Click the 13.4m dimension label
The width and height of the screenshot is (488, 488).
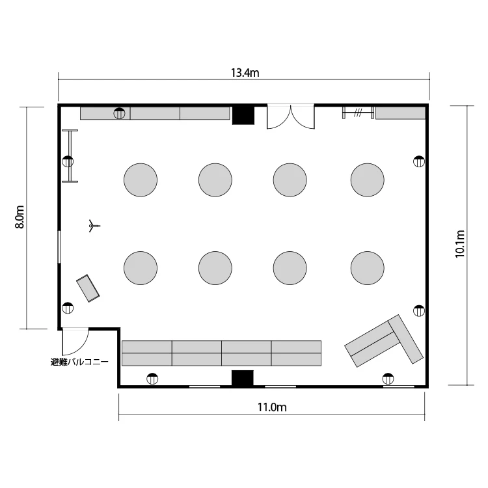point(245,73)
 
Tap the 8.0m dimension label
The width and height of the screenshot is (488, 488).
point(20,217)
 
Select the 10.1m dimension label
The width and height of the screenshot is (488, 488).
point(459,244)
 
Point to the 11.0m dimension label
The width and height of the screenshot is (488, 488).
point(272,407)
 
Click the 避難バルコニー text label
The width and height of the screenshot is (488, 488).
point(79,362)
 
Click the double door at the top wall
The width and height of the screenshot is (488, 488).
point(291,116)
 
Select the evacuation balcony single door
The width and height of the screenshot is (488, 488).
point(75,342)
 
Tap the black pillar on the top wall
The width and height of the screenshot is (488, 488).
point(243,115)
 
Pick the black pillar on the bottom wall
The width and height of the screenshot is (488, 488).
point(243,378)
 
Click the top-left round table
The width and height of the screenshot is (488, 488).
point(141,180)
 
